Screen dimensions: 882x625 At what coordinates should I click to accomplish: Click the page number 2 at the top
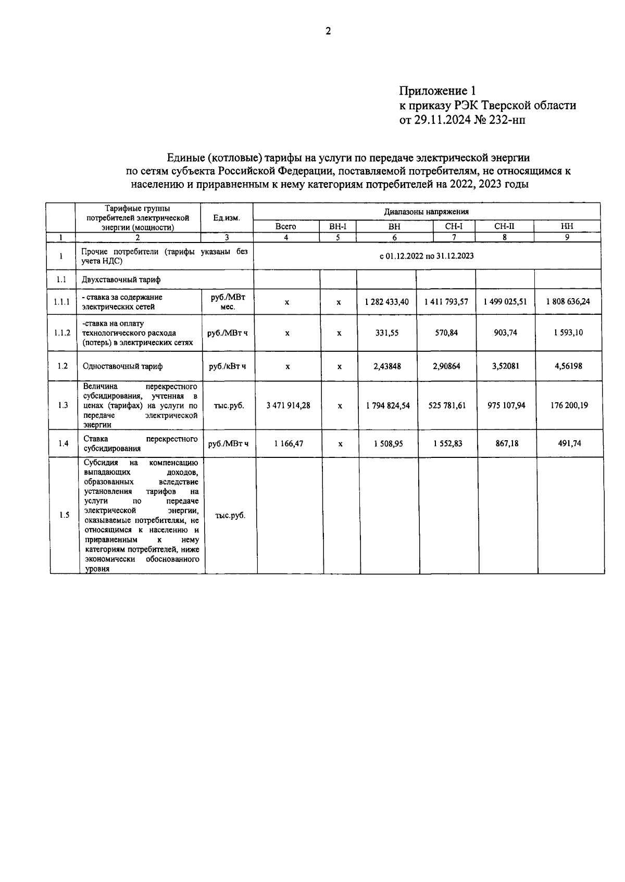(x=328, y=31)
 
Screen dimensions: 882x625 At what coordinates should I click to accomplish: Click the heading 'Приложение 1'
(x=438, y=91)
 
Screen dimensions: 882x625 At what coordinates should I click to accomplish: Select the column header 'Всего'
(x=285, y=227)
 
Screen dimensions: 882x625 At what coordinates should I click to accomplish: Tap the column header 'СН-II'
(x=504, y=227)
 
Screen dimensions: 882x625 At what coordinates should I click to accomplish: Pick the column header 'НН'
(x=567, y=227)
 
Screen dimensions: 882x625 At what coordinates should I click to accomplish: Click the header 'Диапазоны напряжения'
(x=426, y=212)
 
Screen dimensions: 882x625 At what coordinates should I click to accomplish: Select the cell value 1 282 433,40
(x=387, y=302)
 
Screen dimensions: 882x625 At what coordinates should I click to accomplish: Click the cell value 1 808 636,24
(x=568, y=302)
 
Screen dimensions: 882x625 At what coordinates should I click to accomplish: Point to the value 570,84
(x=446, y=333)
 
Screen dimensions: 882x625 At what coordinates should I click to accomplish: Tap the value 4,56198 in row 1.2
(x=568, y=366)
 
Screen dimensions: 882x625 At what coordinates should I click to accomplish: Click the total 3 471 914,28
(x=288, y=405)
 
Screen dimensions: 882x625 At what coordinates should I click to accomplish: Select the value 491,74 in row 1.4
(x=569, y=444)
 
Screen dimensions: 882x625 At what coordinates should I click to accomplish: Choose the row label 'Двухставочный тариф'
(x=121, y=280)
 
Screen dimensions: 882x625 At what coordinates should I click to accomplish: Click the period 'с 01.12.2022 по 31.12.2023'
(x=427, y=256)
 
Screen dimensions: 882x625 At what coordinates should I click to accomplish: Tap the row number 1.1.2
(x=62, y=333)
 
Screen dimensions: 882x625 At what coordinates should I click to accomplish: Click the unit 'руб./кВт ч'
(x=228, y=366)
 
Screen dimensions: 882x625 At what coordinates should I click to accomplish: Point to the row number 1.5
(x=64, y=515)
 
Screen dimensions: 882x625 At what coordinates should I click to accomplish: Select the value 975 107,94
(x=506, y=405)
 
